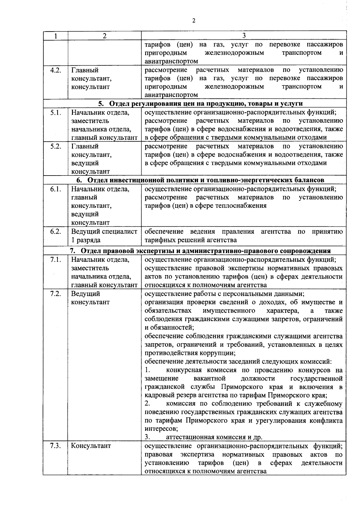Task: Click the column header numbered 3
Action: pos(244,35)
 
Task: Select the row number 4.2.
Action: pos(56,70)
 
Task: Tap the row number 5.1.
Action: pos(56,113)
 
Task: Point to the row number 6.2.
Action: pos(56,232)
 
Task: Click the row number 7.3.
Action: pos(56,446)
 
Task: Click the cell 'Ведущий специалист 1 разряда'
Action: pos(104,236)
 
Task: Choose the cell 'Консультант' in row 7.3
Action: pos(91,446)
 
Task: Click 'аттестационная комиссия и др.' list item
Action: pos(214,437)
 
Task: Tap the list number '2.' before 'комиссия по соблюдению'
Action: pos(148,404)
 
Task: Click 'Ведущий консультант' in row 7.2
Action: pos(90,298)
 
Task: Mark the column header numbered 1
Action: pos(56,35)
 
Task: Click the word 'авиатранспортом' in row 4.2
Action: pos(171,95)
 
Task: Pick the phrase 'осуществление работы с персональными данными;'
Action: pos(224,294)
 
